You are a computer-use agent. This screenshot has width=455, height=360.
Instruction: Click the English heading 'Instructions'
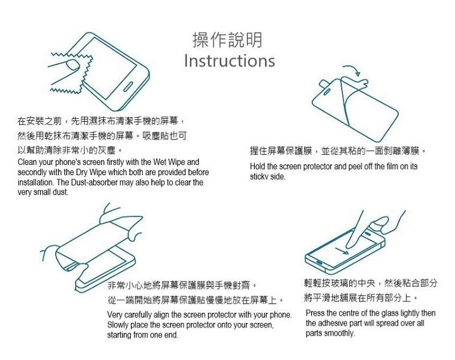click(230, 61)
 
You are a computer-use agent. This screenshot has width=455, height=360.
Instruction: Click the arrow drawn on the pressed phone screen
click(342, 251)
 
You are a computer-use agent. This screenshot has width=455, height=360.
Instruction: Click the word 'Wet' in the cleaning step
click(160, 162)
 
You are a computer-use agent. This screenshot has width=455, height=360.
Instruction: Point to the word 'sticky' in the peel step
click(257, 177)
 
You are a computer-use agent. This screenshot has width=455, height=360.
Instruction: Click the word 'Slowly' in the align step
click(118, 325)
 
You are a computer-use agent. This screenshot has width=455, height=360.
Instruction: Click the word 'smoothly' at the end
click(340, 333)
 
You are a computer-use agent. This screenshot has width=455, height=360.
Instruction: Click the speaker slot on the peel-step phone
click(326, 92)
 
